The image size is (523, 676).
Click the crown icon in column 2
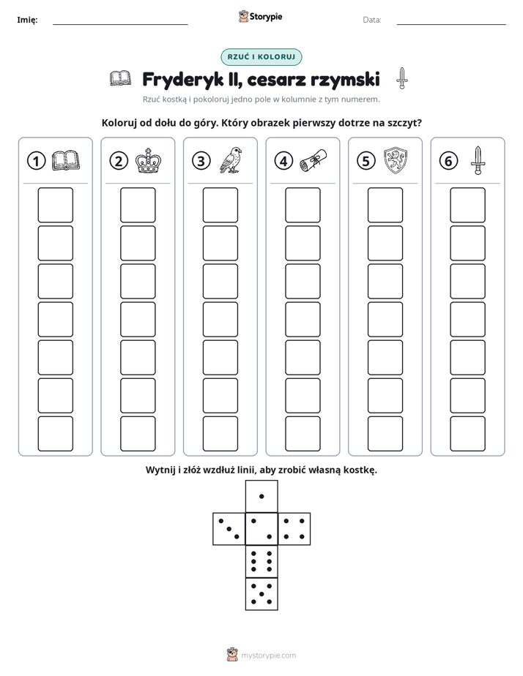148,161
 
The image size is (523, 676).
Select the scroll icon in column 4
313,161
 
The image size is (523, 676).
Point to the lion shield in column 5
396,161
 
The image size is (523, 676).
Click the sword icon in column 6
478,160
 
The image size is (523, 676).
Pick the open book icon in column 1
66,161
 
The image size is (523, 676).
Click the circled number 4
283,161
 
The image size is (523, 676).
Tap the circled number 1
36,161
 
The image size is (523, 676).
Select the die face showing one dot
261,496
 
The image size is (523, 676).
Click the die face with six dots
261,561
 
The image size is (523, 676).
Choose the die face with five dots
261,594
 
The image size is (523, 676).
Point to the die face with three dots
229,529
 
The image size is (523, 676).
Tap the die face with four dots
294,529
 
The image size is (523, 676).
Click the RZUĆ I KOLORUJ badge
261,57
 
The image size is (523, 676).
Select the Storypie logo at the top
260,17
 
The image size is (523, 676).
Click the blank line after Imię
120,25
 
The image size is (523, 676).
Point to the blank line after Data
451,25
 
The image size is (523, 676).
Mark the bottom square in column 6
468,434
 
